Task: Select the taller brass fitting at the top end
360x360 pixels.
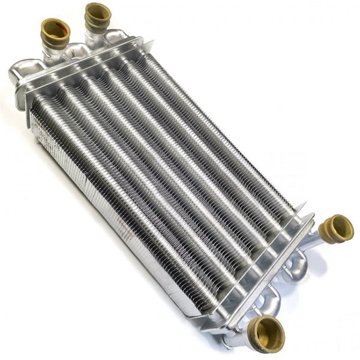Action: tap(97, 14)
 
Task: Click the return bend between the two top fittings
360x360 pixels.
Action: tap(77, 49)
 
